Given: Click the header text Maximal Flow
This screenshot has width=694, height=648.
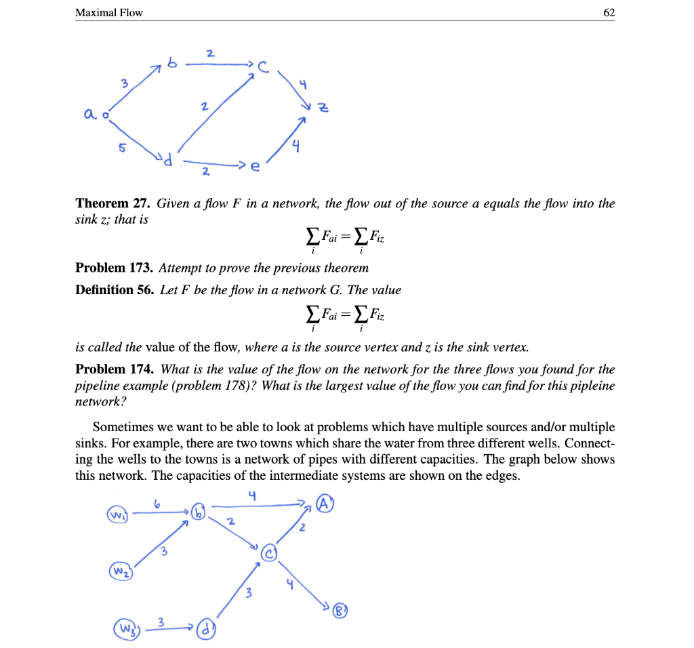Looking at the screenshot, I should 109,12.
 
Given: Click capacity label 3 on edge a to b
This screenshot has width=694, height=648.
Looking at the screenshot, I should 123,85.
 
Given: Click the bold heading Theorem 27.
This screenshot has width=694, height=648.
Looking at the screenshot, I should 113,203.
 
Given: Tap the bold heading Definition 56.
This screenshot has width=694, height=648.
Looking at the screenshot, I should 115,290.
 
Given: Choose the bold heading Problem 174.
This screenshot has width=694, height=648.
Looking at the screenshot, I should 115,369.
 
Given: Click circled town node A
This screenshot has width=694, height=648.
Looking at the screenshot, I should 325,504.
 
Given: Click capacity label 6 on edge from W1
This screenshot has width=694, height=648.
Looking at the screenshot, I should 157,504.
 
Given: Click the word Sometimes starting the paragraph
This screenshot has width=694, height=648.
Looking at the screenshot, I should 123,427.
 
